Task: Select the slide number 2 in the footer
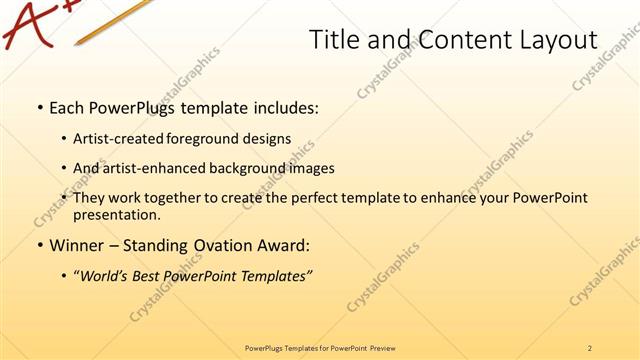point(590,348)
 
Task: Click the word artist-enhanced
point(142,168)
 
